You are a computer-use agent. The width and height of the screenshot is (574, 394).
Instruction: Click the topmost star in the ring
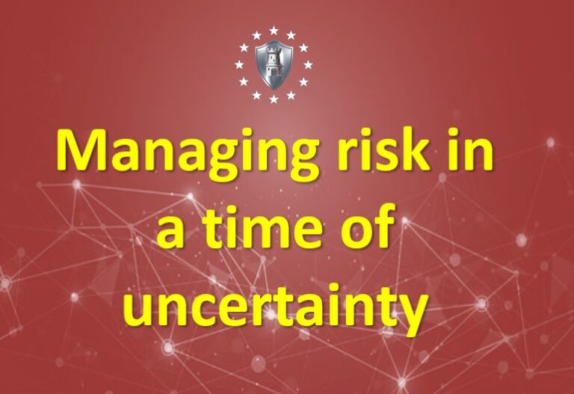[274, 31]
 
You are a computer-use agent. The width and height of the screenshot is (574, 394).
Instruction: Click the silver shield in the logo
[274, 64]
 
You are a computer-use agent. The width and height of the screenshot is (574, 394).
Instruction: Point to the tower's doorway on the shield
[274, 75]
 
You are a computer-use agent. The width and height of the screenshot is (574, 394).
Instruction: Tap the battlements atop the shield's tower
[274, 49]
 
